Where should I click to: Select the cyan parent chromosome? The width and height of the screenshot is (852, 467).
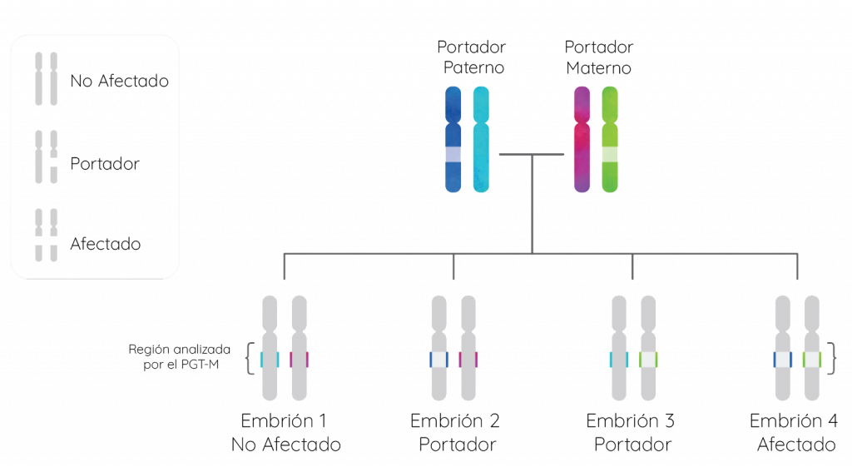coord(481,139)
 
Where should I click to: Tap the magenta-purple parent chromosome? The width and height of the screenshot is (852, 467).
coord(582,139)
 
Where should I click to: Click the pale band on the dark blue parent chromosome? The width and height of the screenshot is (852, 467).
coord(453,154)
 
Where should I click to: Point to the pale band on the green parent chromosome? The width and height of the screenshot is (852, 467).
coord(610,154)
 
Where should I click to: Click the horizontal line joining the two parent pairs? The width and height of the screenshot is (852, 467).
coord(532,155)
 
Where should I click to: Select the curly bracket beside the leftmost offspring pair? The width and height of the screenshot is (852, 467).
coord(248,359)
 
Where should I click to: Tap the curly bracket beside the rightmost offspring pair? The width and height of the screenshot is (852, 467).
coord(833,359)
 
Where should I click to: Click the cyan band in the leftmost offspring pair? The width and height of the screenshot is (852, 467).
coord(270,360)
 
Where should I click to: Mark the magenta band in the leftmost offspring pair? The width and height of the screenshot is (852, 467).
coord(300,360)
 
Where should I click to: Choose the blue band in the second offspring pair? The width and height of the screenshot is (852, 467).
coord(439,360)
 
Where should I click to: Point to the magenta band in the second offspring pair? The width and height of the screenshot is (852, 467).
coord(468,360)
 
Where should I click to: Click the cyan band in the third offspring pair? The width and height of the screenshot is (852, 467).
coord(619,360)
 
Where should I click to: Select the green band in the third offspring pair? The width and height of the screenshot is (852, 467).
coord(648,360)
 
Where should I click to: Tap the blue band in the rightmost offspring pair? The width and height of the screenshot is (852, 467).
coord(782,360)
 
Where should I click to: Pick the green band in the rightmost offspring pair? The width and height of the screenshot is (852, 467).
coord(812,360)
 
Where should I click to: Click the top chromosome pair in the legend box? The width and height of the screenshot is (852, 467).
coord(47,79)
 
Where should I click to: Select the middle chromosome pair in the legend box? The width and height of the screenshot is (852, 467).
coord(47,156)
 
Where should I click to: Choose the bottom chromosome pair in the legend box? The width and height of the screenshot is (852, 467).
coord(47,235)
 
